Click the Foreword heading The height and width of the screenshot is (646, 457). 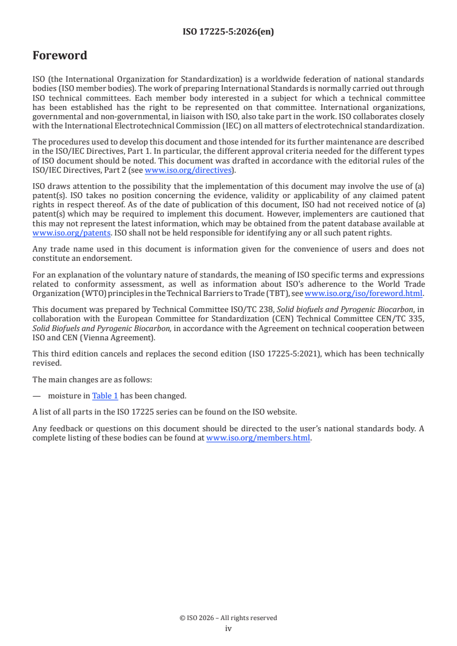[x=60, y=56]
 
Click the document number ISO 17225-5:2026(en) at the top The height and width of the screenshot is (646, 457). [x=228, y=32]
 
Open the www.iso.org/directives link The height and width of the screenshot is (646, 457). [x=188, y=170]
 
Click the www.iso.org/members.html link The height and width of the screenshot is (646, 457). [x=258, y=438]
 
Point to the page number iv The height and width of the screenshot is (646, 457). [x=228, y=629]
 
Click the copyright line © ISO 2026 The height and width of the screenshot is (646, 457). [x=228, y=618]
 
